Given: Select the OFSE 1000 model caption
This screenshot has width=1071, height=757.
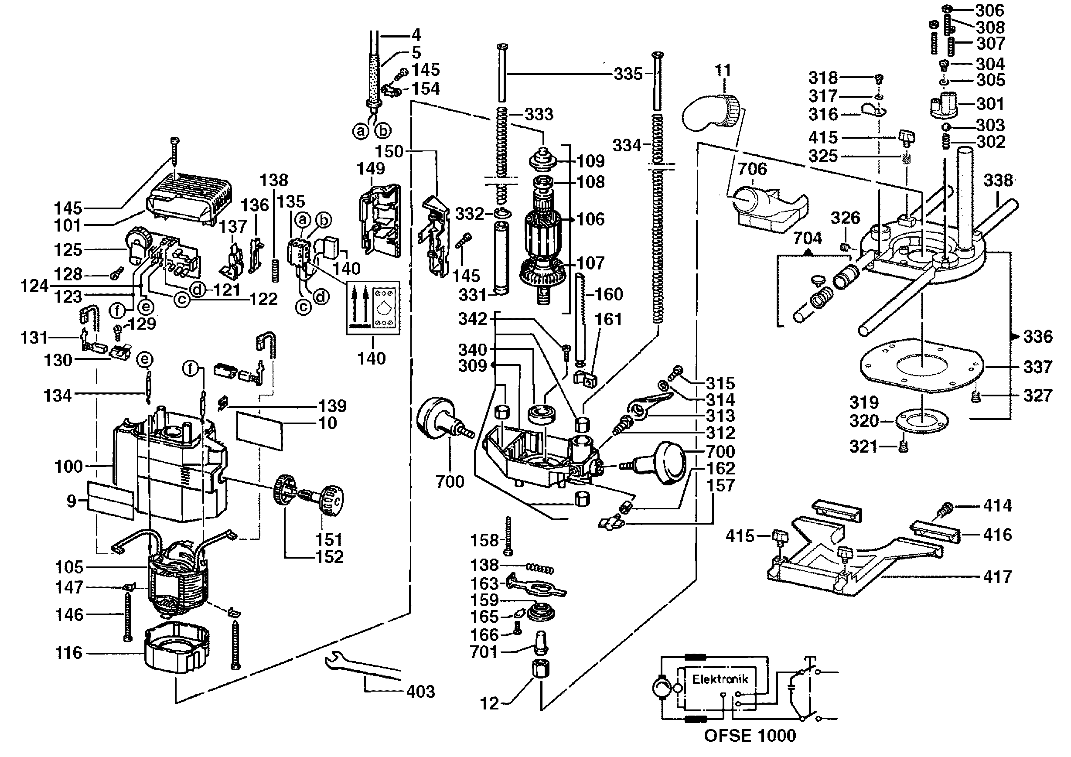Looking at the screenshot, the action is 750,736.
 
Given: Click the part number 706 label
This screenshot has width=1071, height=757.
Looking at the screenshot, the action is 752,169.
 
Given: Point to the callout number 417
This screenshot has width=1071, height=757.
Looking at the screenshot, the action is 997,577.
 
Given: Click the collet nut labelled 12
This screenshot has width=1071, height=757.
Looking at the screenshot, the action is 541,669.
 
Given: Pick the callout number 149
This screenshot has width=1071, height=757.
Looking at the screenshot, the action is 371,168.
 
